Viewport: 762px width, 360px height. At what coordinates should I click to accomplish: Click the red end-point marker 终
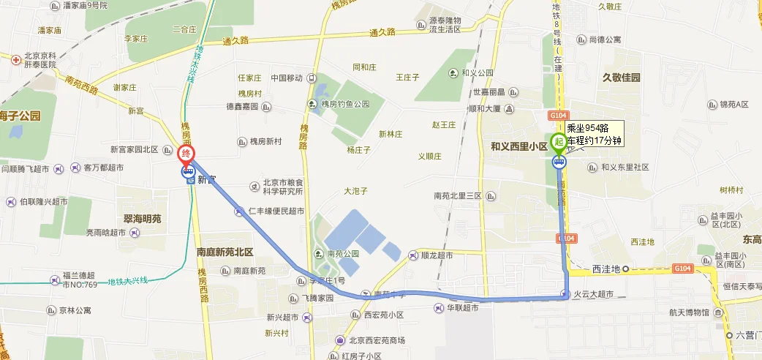(186, 154)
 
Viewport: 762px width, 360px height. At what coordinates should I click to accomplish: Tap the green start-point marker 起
(559, 142)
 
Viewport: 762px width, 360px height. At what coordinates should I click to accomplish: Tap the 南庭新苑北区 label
(225, 252)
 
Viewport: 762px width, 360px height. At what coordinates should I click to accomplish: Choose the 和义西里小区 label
(519, 146)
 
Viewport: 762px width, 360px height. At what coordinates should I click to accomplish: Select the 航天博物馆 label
(689, 312)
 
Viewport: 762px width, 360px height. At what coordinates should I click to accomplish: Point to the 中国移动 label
(287, 78)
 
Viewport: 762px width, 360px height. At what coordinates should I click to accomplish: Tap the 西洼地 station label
(606, 269)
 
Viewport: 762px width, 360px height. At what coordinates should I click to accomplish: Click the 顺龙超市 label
(437, 256)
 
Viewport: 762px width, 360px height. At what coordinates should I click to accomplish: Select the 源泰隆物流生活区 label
(455, 24)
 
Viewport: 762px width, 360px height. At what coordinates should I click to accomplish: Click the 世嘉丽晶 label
(489, 92)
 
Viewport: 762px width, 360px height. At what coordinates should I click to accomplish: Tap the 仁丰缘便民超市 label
(276, 211)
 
